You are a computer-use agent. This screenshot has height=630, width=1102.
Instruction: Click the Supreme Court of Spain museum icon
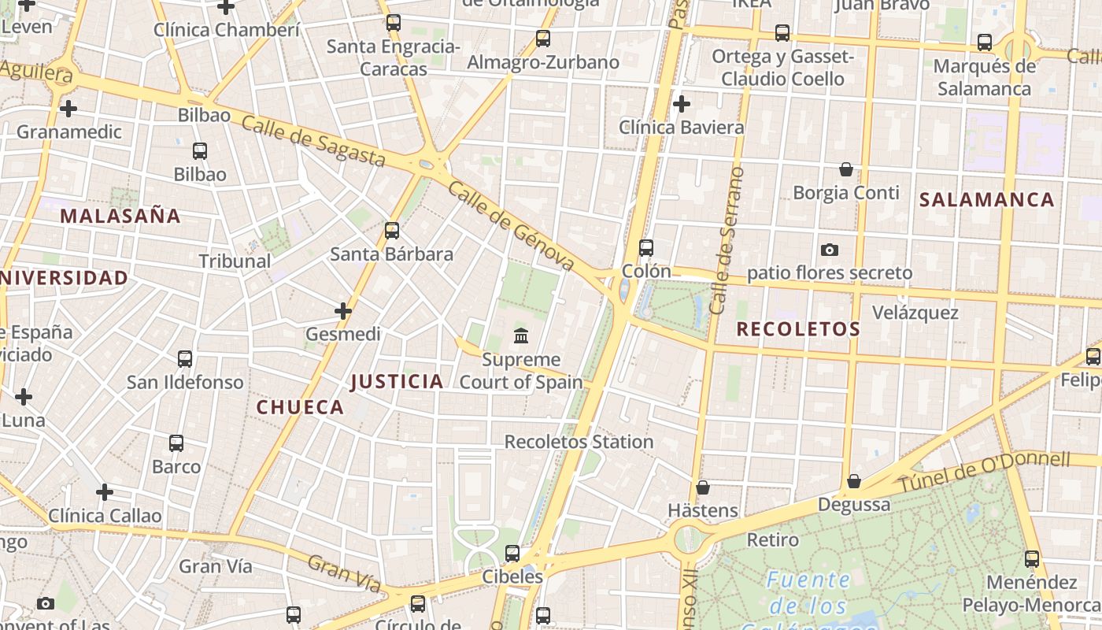click(x=520, y=336)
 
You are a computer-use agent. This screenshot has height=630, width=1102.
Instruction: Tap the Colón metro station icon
click(x=646, y=247)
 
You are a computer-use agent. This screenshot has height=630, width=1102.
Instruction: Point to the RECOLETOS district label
click(x=798, y=329)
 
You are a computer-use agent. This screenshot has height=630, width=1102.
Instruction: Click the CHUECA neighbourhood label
click(x=300, y=407)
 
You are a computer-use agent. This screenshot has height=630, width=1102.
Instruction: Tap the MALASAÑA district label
click(x=120, y=216)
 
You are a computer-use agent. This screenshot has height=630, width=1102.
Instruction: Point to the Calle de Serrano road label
click(x=727, y=240)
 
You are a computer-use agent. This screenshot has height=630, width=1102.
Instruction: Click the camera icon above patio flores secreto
click(x=829, y=250)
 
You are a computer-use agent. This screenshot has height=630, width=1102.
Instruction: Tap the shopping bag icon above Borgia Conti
click(x=845, y=169)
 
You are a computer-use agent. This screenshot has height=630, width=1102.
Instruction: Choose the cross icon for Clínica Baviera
click(x=682, y=103)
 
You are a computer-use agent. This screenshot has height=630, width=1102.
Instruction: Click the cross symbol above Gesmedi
click(x=343, y=311)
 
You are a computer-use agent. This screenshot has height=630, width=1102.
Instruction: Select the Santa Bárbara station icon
click(x=392, y=231)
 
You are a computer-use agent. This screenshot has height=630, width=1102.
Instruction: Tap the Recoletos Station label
click(x=579, y=442)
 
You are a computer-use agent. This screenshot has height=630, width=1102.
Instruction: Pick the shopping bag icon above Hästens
click(x=703, y=487)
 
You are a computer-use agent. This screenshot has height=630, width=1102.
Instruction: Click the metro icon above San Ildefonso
click(x=185, y=359)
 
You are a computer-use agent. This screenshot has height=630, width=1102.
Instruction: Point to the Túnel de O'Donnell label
click(x=984, y=472)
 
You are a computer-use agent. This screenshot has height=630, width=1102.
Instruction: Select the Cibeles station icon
click(x=512, y=554)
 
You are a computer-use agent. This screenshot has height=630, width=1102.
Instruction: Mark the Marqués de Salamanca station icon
click(x=985, y=43)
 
